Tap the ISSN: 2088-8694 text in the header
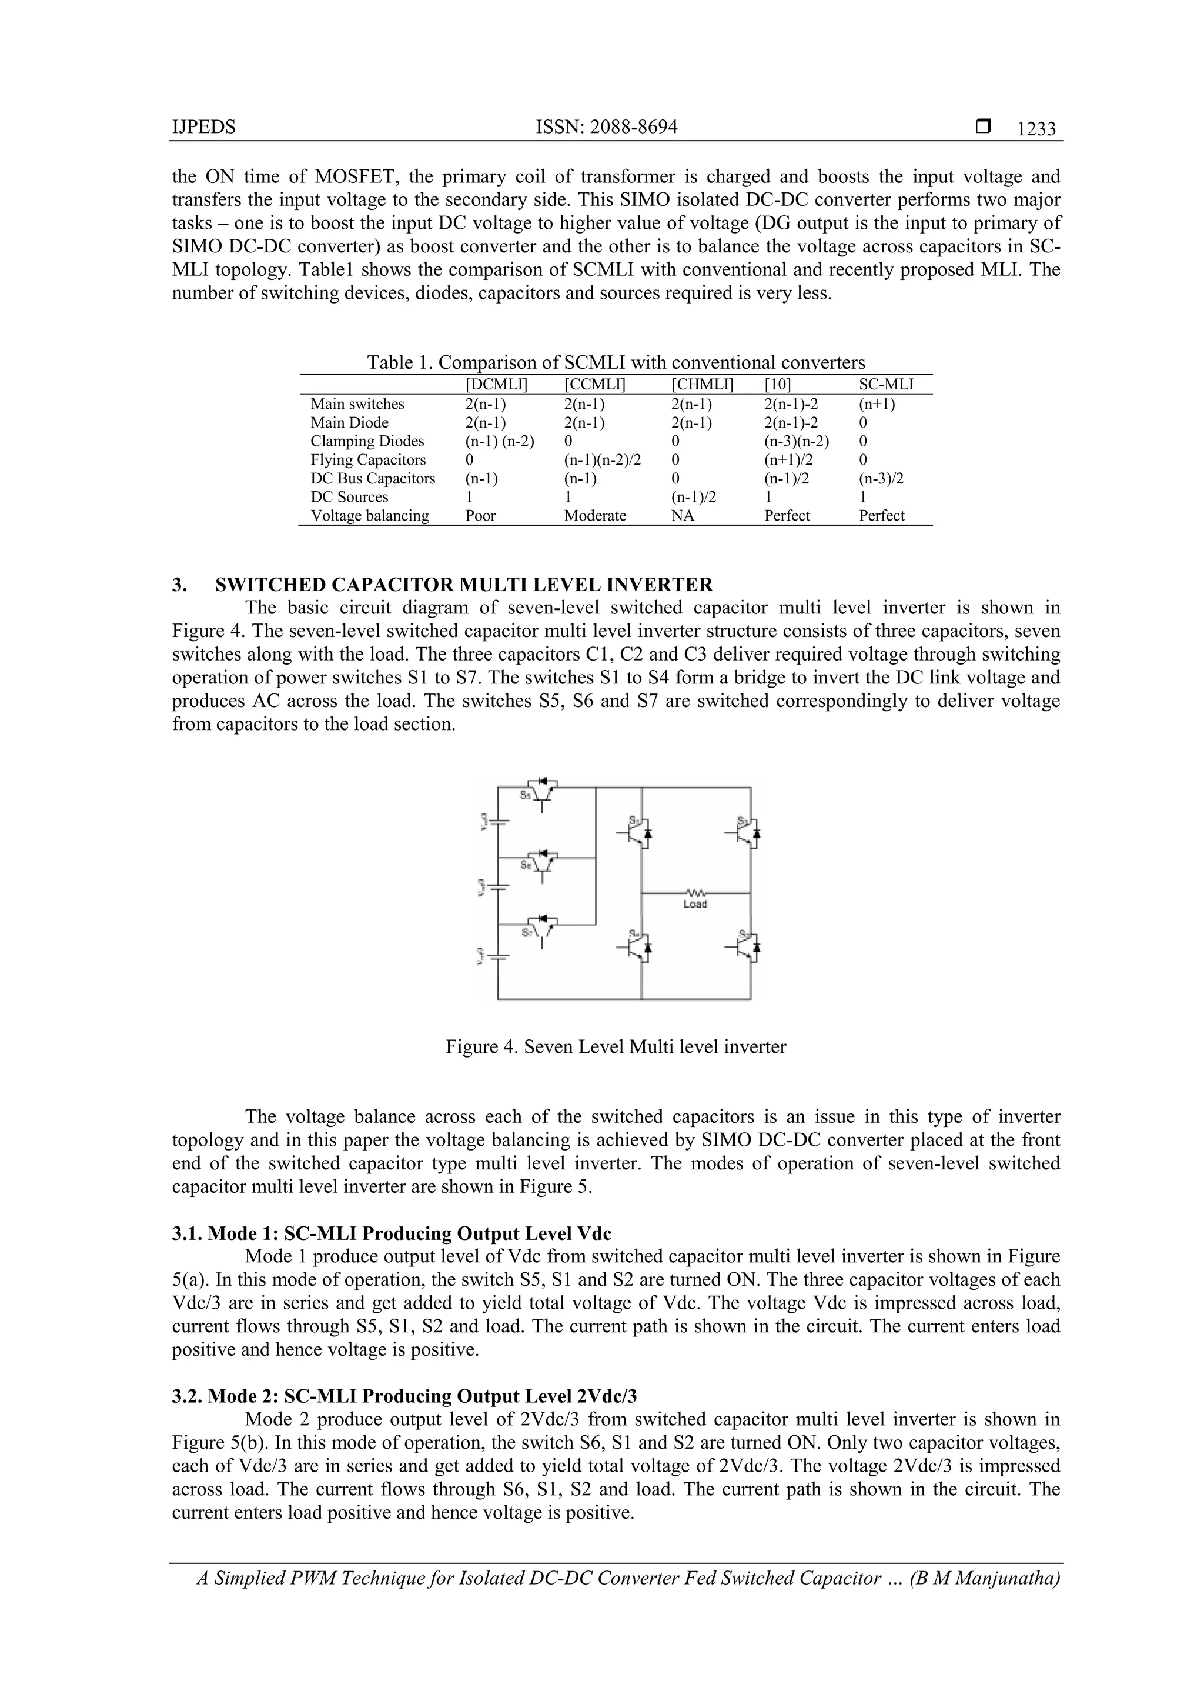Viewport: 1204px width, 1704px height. click(x=606, y=128)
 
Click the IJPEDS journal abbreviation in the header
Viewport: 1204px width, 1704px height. click(x=203, y=128)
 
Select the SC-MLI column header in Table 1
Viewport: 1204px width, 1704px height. click(x=886, y=385)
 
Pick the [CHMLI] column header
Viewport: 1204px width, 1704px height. click(x=702, y=385)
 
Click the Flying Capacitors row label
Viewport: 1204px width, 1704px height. click(x=368, y=460)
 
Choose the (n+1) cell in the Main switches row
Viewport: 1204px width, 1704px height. click(x=877, y=405)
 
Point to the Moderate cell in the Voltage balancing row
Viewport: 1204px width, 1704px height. click(x=595, y=516)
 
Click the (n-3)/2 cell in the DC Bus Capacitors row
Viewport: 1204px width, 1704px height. click(x=881, y=479)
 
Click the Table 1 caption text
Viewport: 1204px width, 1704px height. click(x=616, y=363)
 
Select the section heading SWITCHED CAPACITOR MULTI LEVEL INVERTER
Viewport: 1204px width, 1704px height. click(x=464, y=585)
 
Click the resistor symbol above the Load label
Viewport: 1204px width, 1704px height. click(x=695, y=892)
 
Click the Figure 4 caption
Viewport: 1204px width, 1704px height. click(x=616, y=1047)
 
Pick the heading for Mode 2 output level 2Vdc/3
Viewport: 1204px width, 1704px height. click(x=404, y=1397)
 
